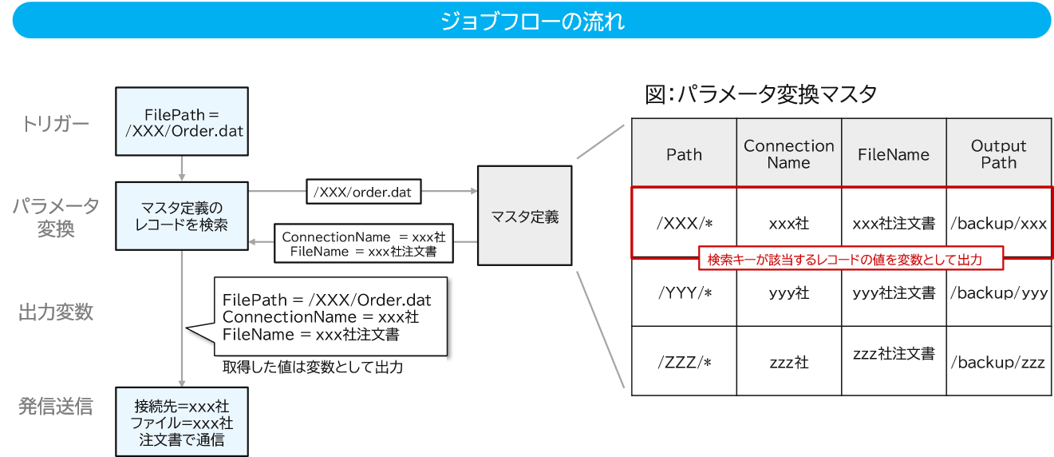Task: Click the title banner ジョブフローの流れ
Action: coord(531,21)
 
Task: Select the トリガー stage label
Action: coord(55,124)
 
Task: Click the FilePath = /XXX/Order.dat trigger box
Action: coord(182,122)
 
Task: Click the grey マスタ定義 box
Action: coord(524,216)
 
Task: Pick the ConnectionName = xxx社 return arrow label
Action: coord(364,244)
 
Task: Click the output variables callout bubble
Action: coord(327,316)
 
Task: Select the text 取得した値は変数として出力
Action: coord(312,368)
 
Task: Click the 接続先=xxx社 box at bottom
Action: coord(182,421)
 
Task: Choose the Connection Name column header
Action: coord(788,154)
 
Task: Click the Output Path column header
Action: coord(998,154)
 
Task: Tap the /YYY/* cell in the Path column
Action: coord(684,293)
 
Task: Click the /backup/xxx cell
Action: coord(998,224)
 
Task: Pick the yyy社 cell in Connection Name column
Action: coord(788,293)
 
